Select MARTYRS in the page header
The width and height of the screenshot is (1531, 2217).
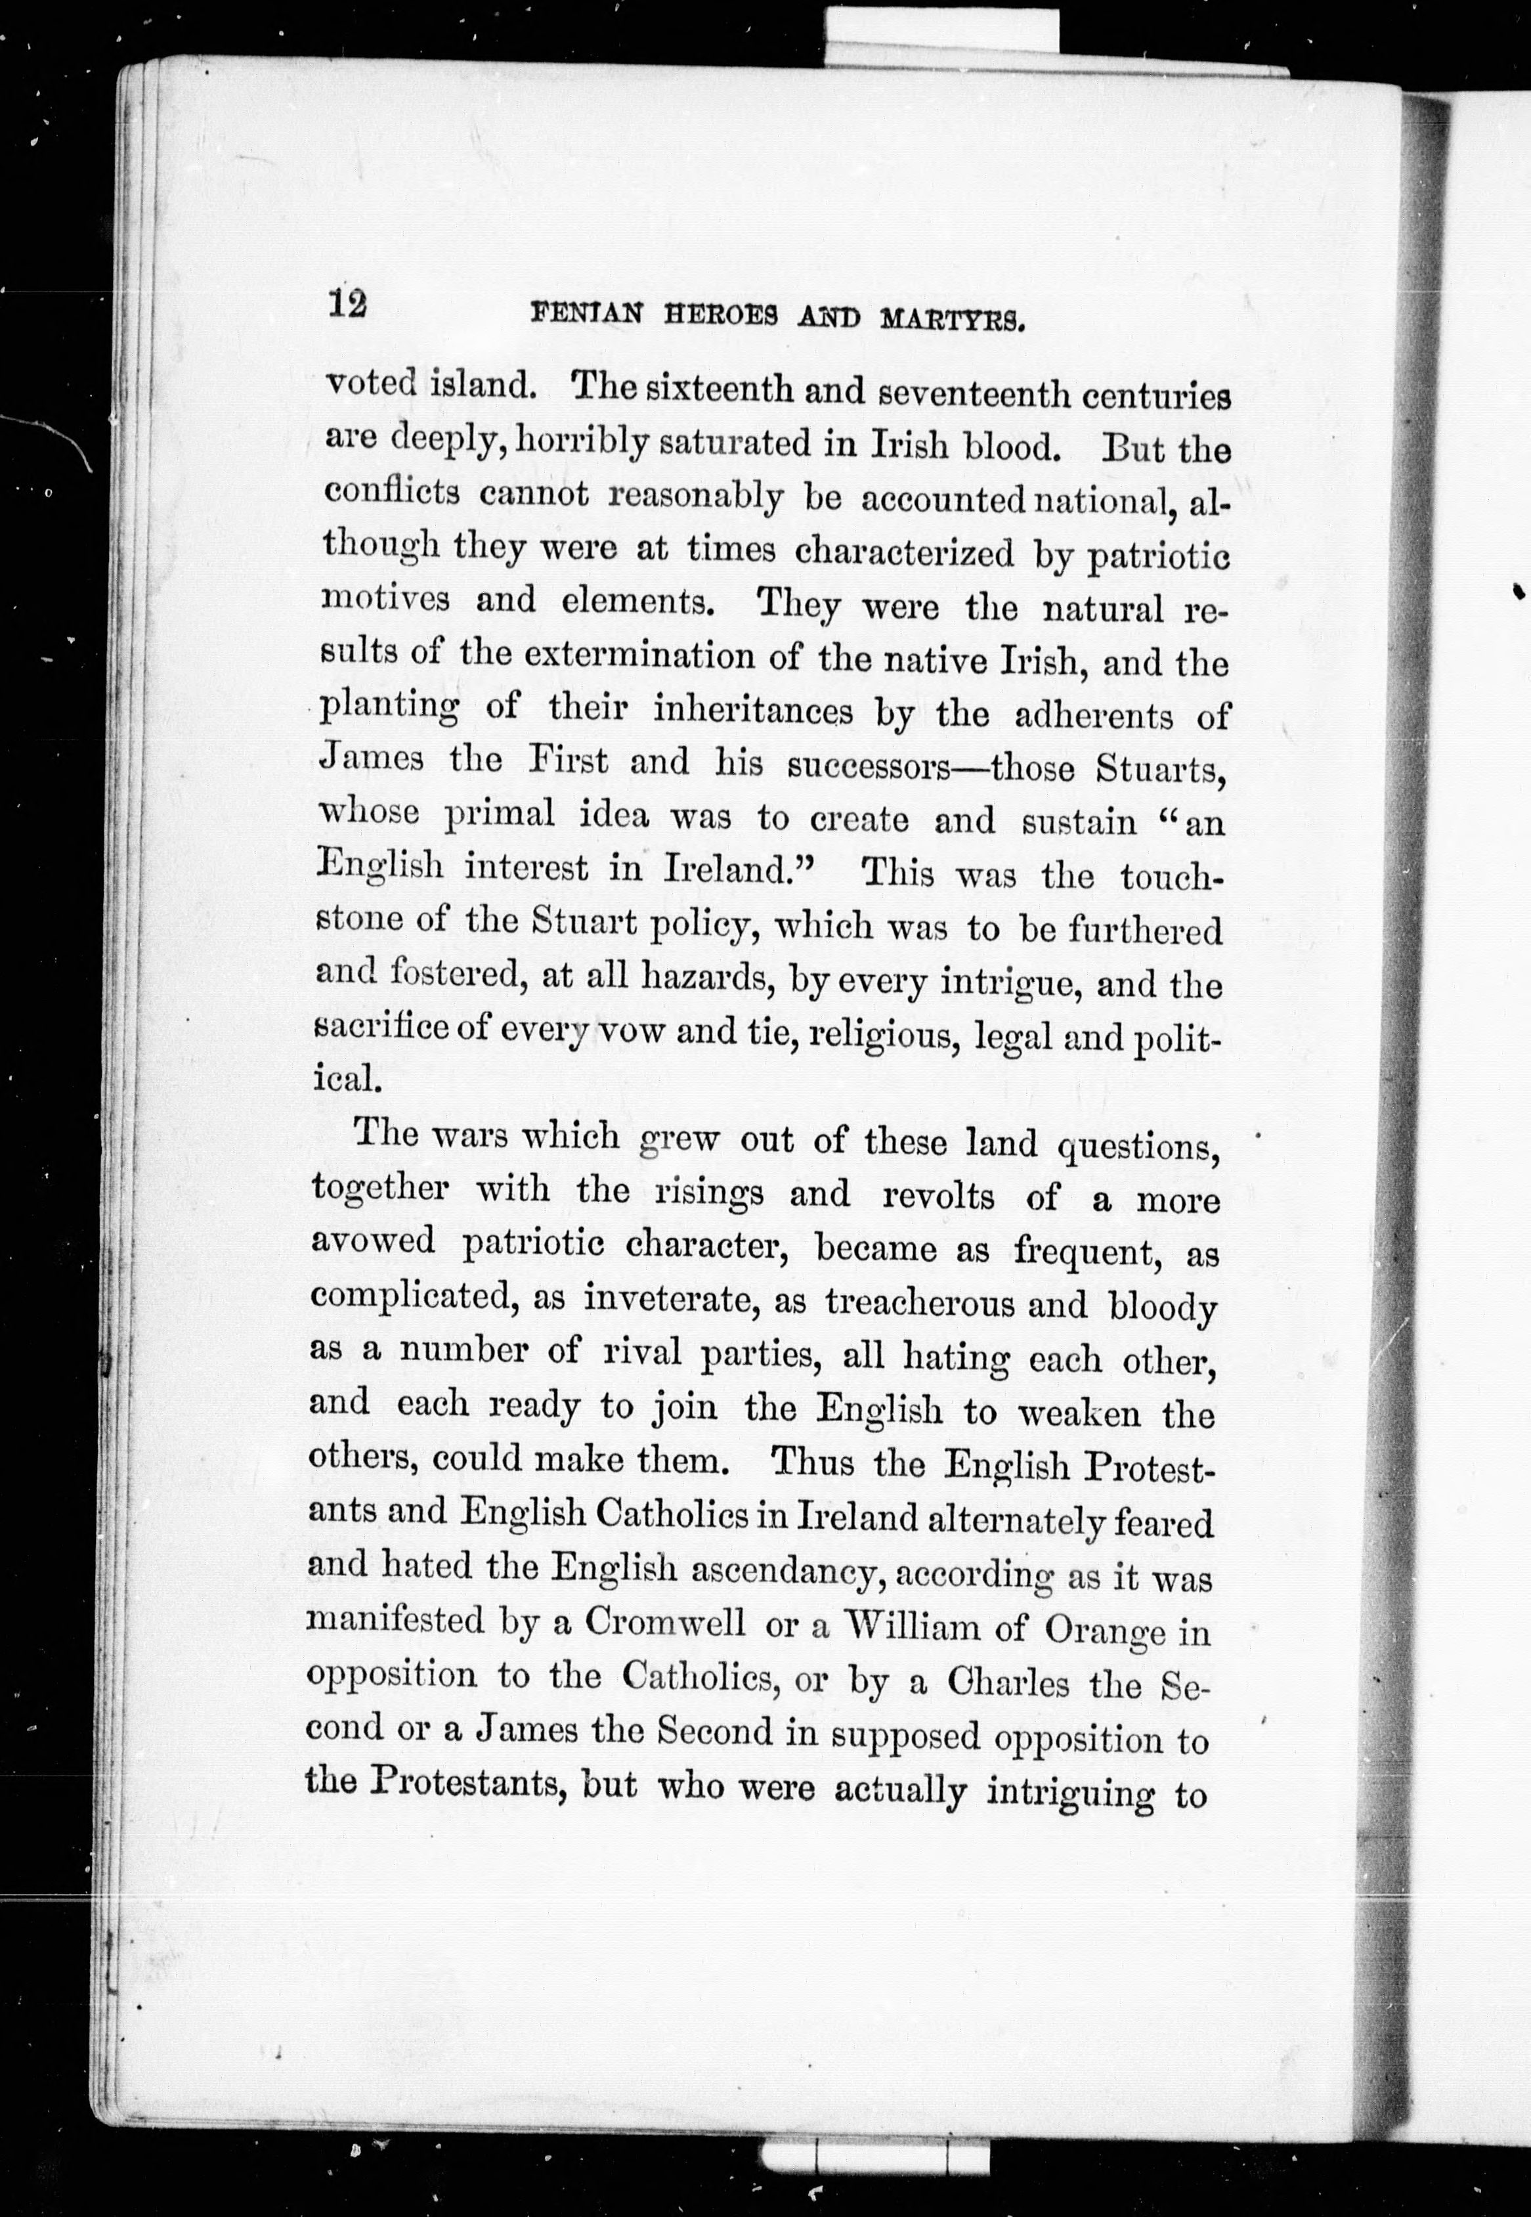(953, 319)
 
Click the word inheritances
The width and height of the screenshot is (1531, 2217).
(752, 711)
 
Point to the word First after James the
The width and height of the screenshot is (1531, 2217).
(568, 760)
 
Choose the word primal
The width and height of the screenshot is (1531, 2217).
(500, 814)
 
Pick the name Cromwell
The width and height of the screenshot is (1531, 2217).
(665, 1622)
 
